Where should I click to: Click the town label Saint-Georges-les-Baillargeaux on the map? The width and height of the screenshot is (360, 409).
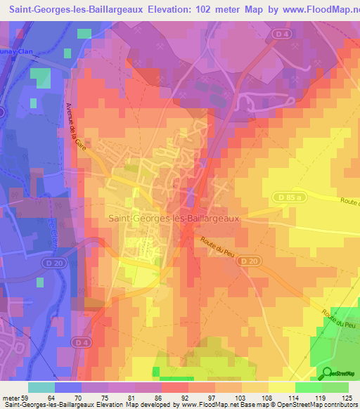point(174,219)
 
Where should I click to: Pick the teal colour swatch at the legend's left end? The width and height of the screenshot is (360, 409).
point(41,387)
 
